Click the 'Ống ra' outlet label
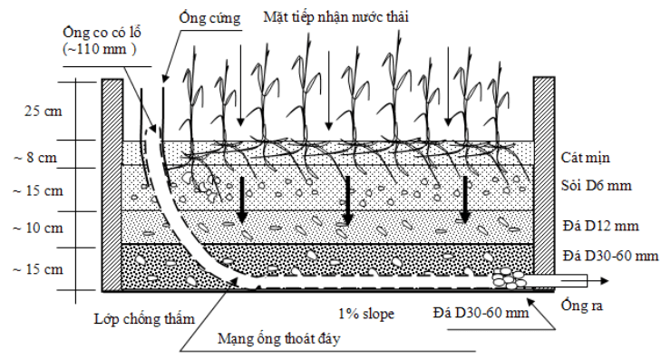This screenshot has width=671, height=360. (580, 305)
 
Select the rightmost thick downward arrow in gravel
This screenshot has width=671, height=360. (464, 201)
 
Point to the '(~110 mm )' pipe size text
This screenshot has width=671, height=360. (100, 49)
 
